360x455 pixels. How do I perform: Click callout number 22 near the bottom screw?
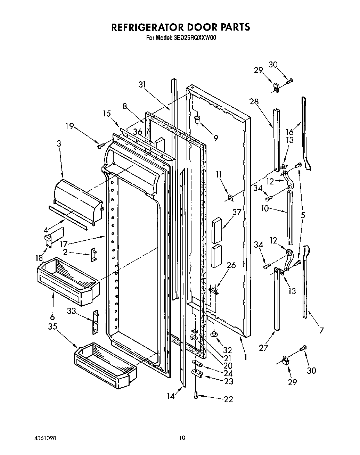228,399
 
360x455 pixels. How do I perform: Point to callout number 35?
52,327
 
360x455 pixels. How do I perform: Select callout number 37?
237,211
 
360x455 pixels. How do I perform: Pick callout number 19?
70,126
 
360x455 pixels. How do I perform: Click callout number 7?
321,330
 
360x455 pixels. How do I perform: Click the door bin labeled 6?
68,281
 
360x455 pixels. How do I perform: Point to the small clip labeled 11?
230,198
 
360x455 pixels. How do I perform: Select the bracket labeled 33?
95,322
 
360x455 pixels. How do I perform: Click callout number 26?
231,265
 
